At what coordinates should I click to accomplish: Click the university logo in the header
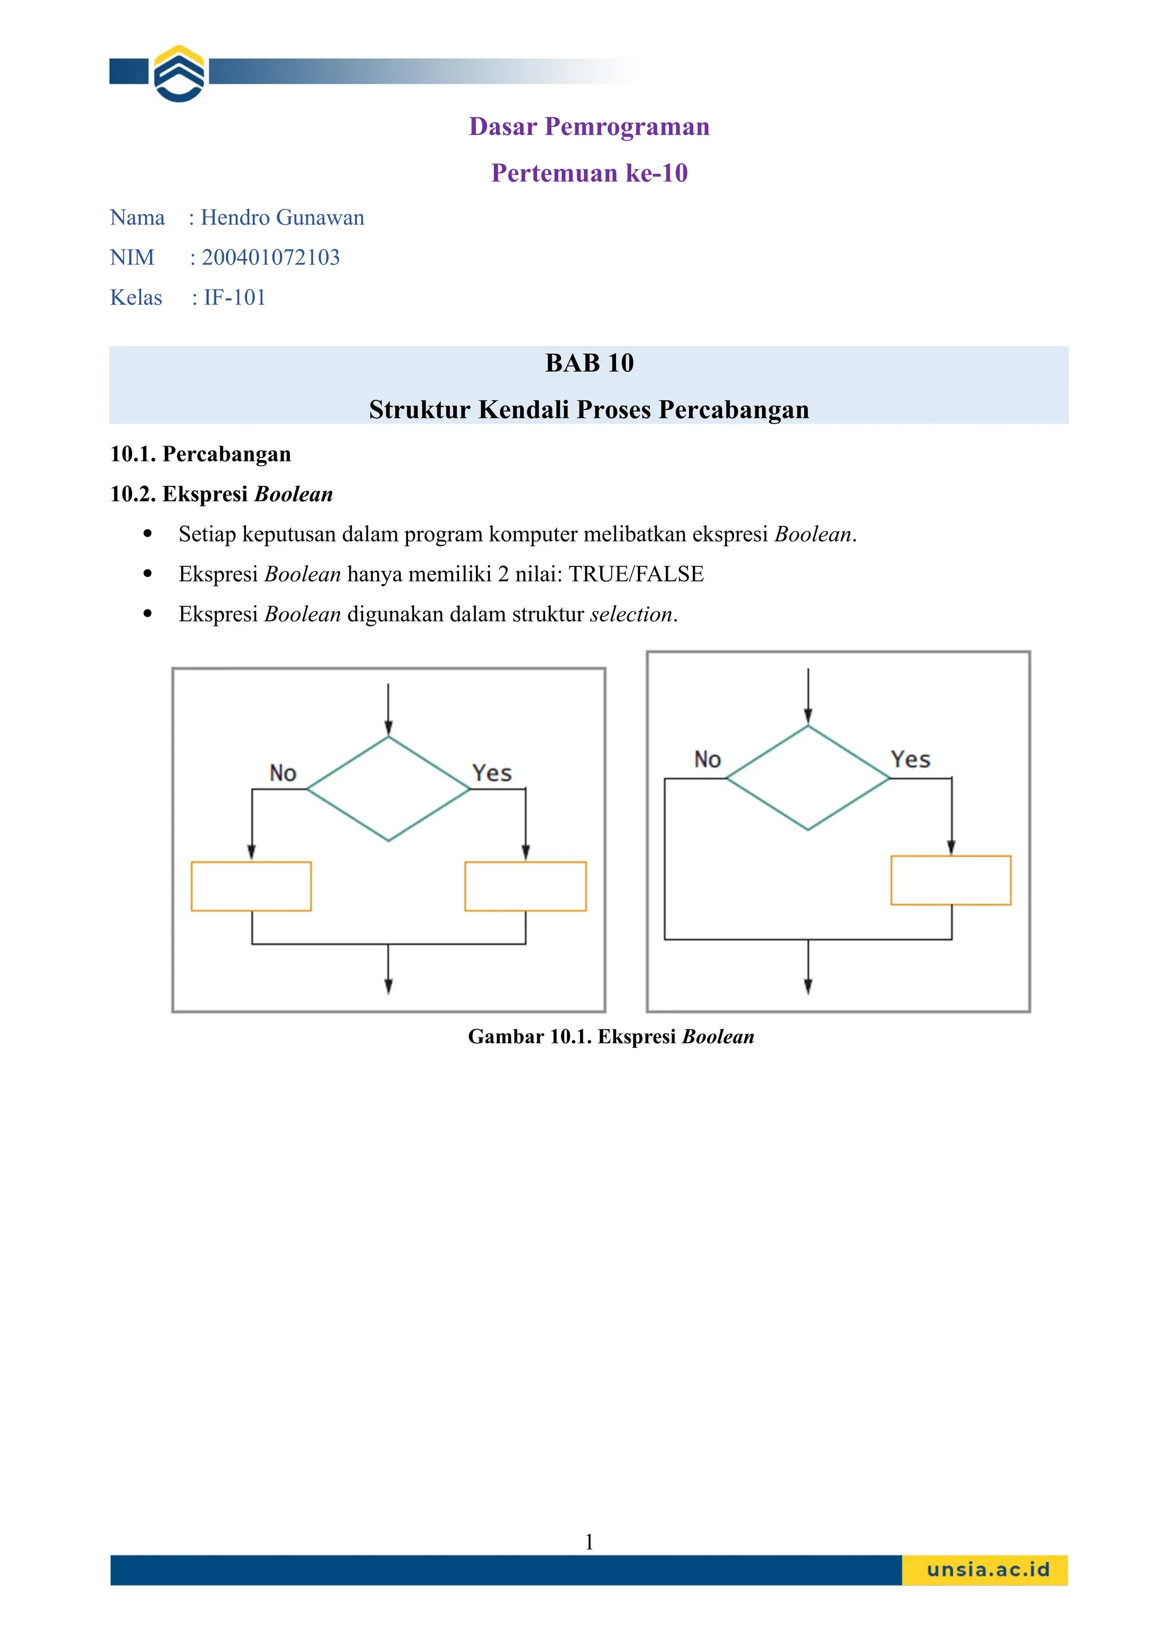(179, 74)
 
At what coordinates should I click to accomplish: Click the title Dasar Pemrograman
(589, 127)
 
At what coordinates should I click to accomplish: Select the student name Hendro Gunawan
(282, 217)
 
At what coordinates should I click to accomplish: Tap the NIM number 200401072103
(271, 257)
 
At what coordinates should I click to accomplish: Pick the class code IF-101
(234, 298)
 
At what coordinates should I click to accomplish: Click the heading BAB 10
(589, 363)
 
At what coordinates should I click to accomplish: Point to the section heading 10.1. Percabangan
(201, 455)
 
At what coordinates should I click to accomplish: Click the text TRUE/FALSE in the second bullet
(636, 574)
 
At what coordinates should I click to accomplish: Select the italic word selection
(631, 615)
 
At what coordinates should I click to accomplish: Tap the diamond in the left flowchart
(388, 789)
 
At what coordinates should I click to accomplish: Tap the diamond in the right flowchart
(808, 778)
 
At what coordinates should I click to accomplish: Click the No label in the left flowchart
(283, 773)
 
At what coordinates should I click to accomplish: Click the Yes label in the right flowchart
(910, 760)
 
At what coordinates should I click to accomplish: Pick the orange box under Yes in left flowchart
(525, 886)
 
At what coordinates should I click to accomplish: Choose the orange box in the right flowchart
(950, 880)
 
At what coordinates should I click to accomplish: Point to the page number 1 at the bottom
(589, 1541)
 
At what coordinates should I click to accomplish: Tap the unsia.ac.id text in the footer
(987, 1570)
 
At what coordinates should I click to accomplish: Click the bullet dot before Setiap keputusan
(147, 534)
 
